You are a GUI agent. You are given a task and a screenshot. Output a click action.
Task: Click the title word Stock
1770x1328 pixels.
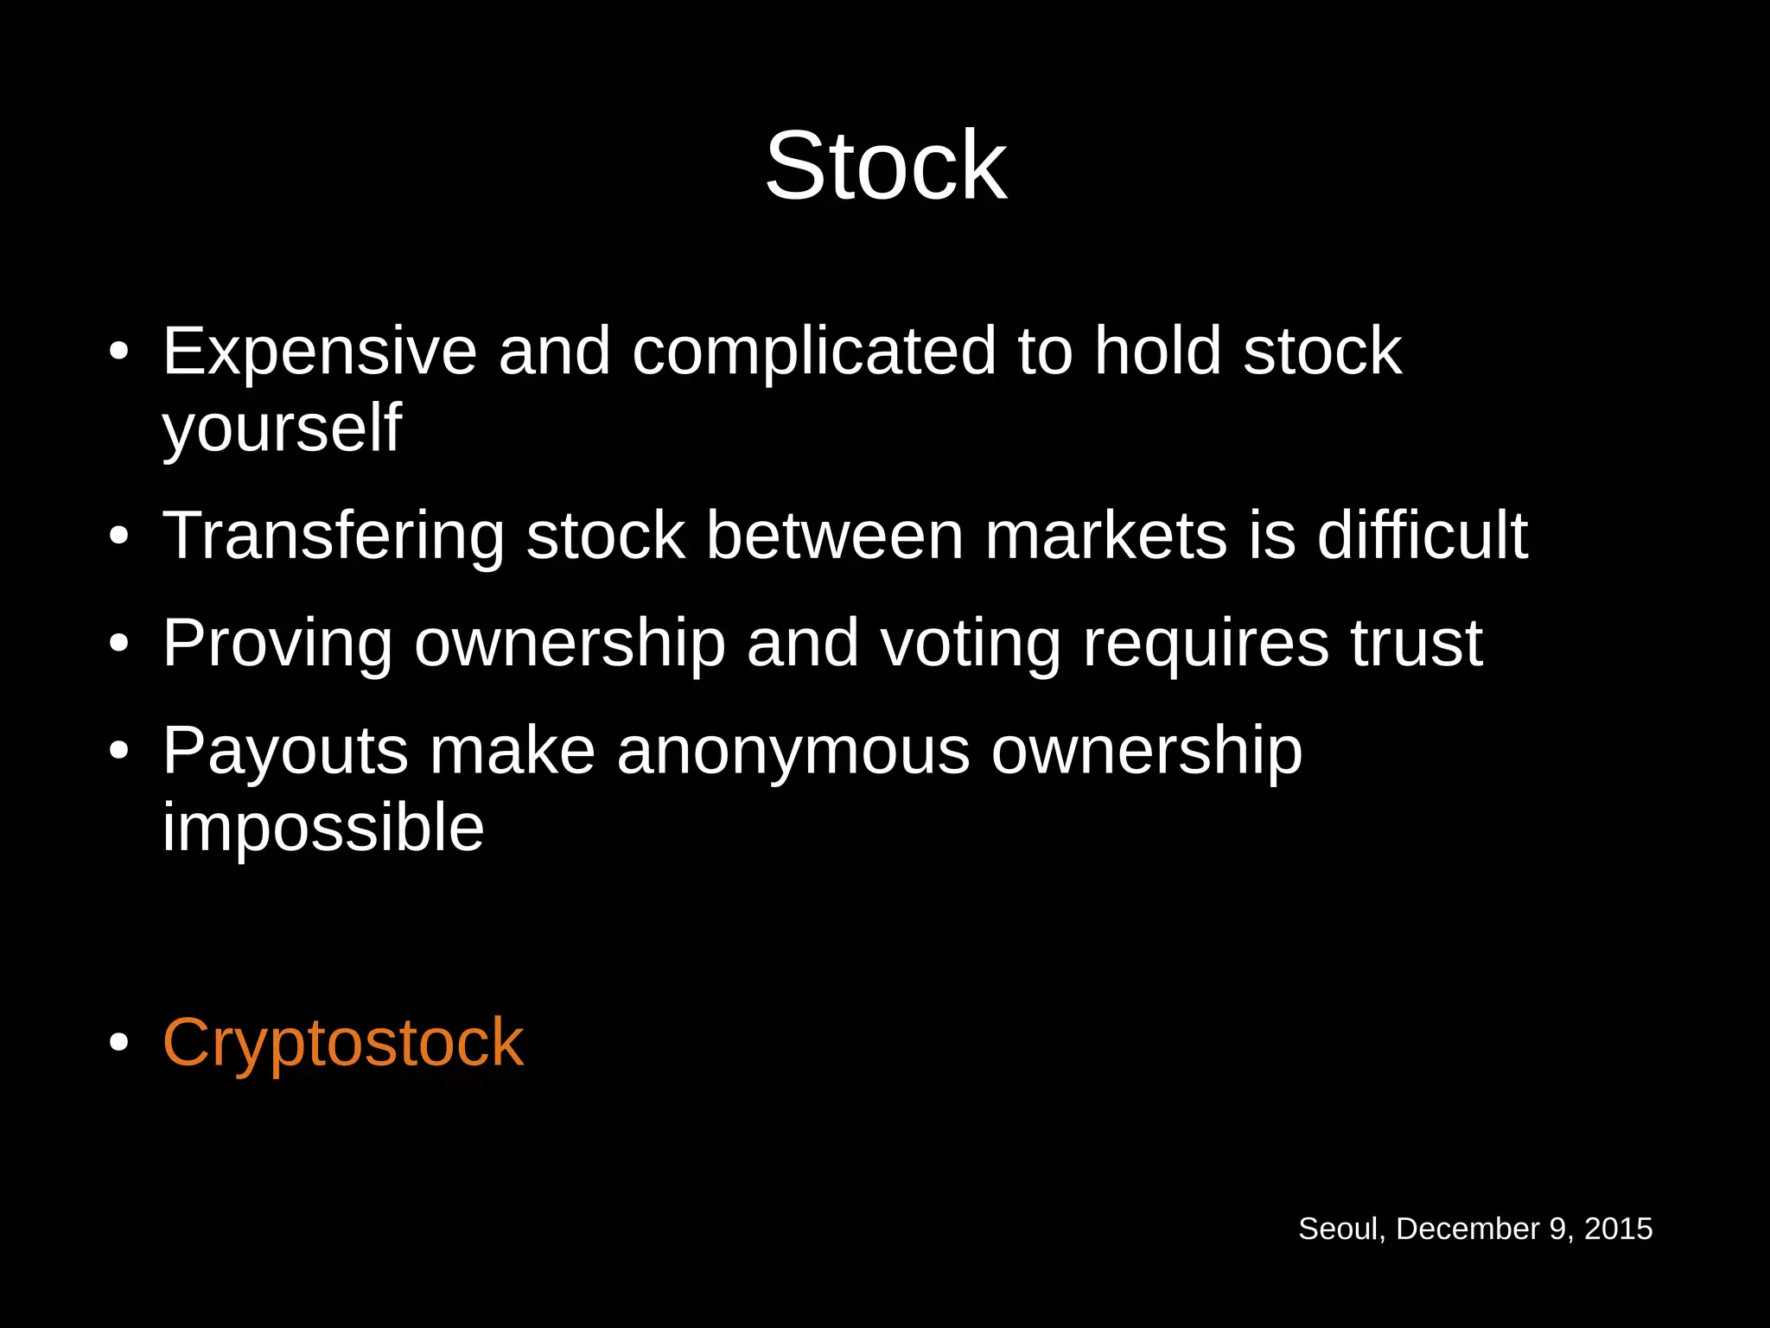click(886, 165)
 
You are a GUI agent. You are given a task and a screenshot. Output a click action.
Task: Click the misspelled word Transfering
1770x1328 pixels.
click(334, 536)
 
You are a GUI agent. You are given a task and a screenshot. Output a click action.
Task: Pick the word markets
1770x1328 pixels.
click(1106, 536)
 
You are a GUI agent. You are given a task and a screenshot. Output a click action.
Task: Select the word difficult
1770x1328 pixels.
click(1423, 536)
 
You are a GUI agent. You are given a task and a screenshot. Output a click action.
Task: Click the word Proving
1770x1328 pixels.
click(277, 644)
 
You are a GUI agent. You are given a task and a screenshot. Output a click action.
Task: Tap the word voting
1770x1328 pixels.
click(971, 644)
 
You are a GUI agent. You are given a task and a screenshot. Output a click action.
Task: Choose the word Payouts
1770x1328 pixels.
click(285, 751)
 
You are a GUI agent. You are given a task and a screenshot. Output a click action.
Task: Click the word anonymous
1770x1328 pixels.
click(793, 751)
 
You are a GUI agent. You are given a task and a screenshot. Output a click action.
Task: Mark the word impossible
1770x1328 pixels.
click(323, 827)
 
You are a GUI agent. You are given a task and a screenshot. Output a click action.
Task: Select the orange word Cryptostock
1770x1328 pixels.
click(343, 1043)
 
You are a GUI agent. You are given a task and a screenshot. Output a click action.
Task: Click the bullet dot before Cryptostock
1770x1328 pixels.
click(119, 1043)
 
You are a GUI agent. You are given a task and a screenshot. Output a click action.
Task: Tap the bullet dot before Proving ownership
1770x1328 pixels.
click(119, 644)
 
